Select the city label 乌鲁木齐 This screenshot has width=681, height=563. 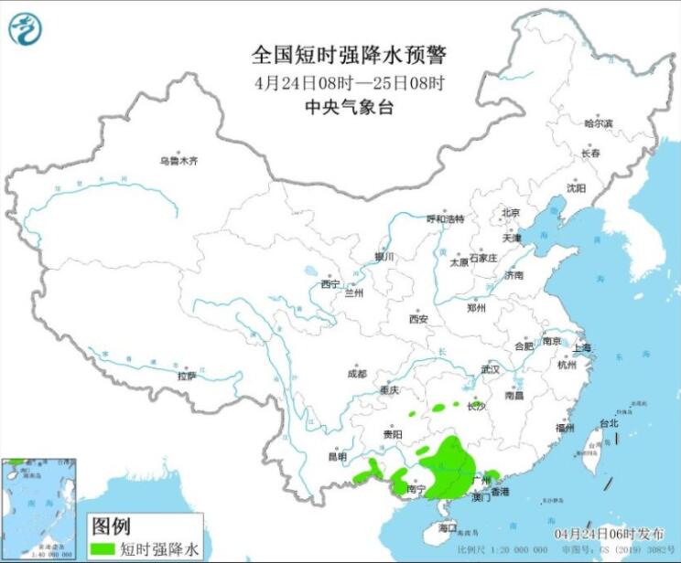(x=178, y=161)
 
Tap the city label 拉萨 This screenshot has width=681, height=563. (x=186, y=375)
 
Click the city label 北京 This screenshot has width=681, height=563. (x=510, y=213)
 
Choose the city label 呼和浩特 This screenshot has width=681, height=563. (x=446, y=219)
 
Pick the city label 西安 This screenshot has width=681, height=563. (x=418, y=319)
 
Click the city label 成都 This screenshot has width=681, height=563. (x=357, y=374)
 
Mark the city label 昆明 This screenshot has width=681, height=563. (x=338, y=456)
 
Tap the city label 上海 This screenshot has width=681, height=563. (x=581, y=348)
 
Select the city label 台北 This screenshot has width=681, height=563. (x=609, y=423)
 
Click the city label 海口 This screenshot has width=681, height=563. (x=447, y=528)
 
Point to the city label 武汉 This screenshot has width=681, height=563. (x=490, y=370)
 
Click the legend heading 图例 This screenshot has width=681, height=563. (x=111, y=526)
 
